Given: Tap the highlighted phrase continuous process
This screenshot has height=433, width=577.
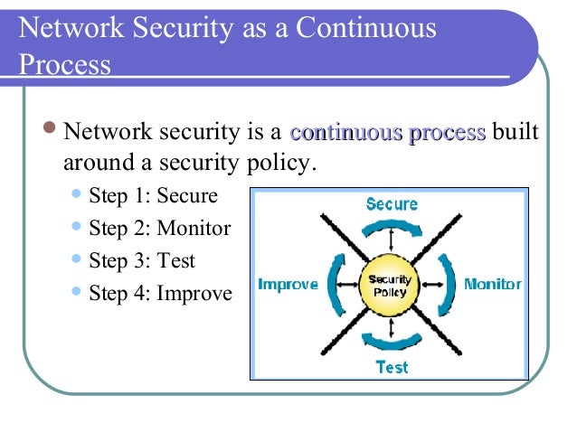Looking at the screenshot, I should point(387,134).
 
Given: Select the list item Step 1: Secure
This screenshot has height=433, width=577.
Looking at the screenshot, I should point(153,196).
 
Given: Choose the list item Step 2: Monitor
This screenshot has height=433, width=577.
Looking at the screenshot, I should point(159,229).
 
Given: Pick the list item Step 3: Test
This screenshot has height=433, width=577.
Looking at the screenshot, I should point(141,261).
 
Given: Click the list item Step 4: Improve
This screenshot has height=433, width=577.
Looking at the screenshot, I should point(159,294).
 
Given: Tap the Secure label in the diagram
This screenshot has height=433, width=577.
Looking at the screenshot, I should point(391,204).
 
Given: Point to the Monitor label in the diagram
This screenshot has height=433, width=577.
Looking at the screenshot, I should point(492,284).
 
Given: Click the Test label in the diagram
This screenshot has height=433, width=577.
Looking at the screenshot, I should point(391,367).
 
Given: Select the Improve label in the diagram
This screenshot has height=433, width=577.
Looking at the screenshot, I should point(288,284).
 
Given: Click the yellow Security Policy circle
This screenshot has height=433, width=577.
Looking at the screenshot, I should point(391,284).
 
